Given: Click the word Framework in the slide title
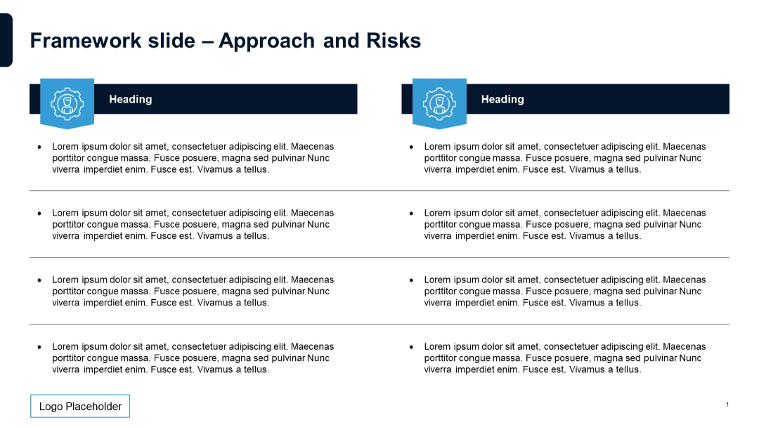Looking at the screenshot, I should tap(77, 41).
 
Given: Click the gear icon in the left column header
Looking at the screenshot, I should tap(67, 103).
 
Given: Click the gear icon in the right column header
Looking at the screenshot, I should tap(439, 103).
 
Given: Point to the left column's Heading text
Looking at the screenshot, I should tap(130, 100).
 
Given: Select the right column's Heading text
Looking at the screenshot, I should tap(502, 100).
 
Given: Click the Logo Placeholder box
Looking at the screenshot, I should tap(80, 407).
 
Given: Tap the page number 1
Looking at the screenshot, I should tap(727, 405).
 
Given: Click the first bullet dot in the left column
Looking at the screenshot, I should tap(39, 147).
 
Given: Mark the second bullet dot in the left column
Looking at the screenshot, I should tap(39, 213).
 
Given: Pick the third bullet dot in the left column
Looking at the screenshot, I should tap(39, 280).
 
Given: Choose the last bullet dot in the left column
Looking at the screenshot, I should tap(39, 347).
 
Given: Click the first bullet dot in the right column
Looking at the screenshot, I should tap(412, 147).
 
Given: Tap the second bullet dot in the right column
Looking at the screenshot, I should tap(412, 213).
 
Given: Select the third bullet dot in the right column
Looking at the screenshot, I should tap(412, 280).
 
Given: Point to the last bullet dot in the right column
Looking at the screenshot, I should tap(412, 347).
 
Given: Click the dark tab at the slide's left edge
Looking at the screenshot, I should tap(6, 40).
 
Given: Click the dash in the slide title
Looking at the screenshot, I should tap(207, 41).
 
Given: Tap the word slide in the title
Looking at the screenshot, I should tap(171, 41).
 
